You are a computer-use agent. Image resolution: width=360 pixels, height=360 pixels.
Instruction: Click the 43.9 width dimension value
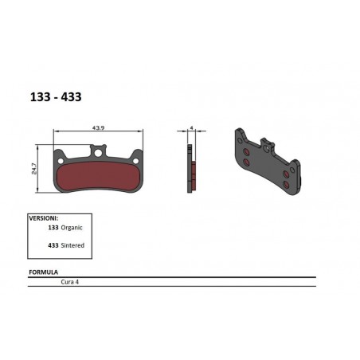click(100, 127)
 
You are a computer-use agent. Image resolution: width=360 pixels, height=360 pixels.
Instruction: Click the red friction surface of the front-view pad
click(100, 175)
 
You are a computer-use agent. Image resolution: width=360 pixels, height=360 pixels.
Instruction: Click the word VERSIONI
click(45, 217)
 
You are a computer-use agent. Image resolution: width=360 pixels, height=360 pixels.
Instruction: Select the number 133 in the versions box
click(54, 226)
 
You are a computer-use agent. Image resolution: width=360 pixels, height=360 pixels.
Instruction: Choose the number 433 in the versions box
click(54, 246)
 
